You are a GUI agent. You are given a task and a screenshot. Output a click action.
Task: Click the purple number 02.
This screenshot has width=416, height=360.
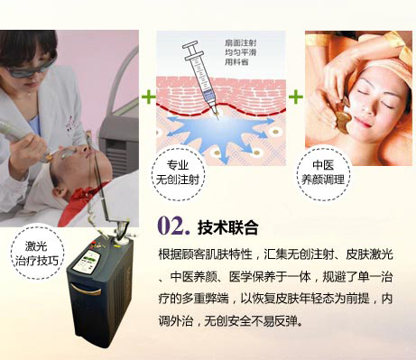pos(173,226)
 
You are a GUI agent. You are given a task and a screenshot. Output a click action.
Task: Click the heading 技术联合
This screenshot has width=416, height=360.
pos(227,227)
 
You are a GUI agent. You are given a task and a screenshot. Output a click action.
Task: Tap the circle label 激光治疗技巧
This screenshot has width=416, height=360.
pos(37,254)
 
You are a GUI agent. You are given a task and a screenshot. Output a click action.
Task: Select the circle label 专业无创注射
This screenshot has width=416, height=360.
pos(178,173)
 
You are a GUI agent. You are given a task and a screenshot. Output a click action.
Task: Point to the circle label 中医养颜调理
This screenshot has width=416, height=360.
pos(323,173)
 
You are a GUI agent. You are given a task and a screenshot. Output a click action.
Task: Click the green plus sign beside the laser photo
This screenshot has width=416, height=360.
pos(149,97)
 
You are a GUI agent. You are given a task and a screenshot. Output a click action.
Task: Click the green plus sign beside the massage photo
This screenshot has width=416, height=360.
pos(296,97)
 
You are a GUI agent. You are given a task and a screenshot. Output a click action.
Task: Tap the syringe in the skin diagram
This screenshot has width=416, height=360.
pos(201,78)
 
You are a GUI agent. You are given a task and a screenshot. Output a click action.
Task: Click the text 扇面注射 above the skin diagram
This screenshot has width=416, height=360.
pos(241,43)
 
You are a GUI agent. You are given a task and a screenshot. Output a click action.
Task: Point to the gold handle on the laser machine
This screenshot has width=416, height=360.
pos(86,290)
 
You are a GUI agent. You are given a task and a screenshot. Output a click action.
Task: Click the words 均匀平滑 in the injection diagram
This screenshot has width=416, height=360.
pos(241,52)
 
